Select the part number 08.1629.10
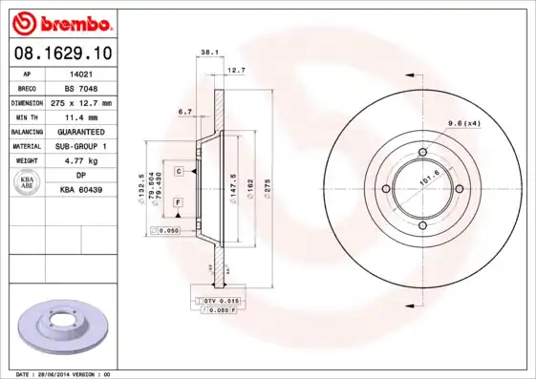point(60,53)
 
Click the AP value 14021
point(80,73)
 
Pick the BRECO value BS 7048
point(80,87)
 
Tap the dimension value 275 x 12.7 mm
point(80,102)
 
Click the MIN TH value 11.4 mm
point(80,116)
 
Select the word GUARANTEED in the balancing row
point(80,131)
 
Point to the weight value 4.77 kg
point(80,160)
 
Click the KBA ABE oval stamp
point(26,183)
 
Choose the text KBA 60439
point(80,190)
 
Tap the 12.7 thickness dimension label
point(236,70)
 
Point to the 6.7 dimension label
point(185,112)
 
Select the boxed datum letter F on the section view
point(179,202)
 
